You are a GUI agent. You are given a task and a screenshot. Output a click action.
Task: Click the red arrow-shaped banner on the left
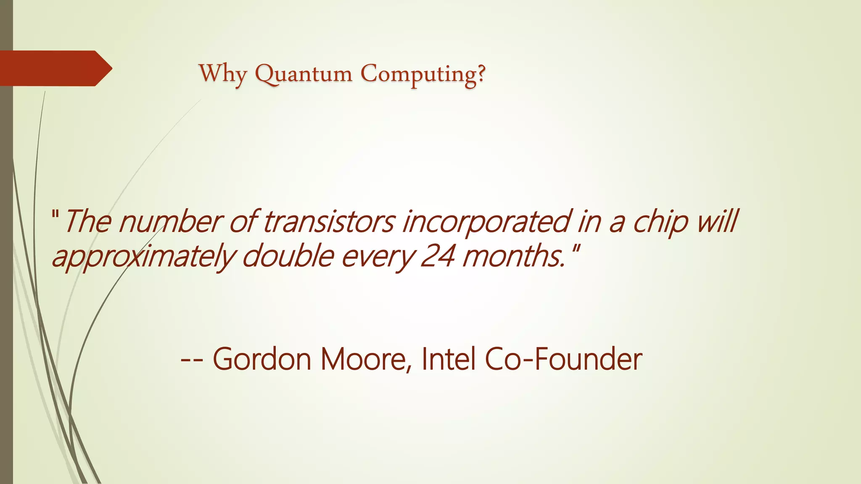(55, 68)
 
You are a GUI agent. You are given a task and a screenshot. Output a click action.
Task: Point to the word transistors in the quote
(329, 221)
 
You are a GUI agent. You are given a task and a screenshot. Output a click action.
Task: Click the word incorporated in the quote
(486, 221)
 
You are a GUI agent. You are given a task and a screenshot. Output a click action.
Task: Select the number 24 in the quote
(437, 256)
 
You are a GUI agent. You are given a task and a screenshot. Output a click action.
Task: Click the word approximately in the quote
(143, 257)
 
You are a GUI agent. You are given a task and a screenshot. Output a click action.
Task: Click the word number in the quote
(171, 221)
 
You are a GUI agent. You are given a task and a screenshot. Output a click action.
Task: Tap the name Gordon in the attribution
(261, 359)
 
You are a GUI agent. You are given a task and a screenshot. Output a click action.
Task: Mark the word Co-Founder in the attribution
(563, 359)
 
